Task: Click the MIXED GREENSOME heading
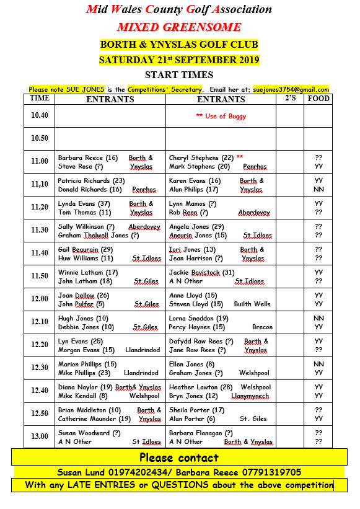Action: point(179,27)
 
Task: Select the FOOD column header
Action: point(318,99)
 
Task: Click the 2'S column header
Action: point(290,99)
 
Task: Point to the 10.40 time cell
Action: point(40,115)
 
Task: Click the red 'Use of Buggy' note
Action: point(221,116)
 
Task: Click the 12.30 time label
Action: point(40,368)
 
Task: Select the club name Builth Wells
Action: point(252,304)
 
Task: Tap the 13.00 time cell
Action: point(40,436)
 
